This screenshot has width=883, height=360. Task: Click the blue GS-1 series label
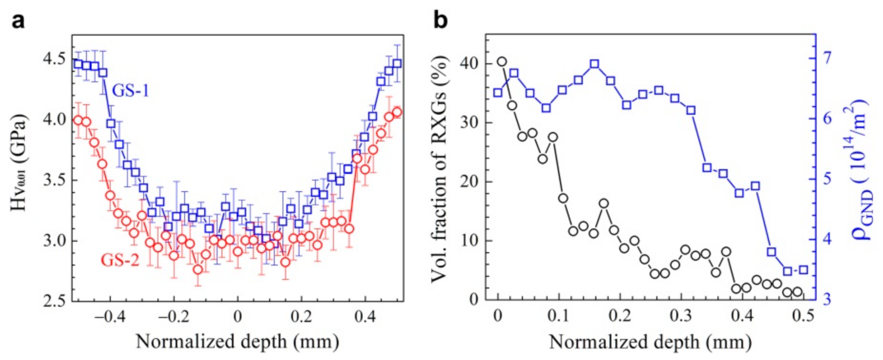coord(130,91)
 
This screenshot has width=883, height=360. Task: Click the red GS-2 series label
coord(120,260)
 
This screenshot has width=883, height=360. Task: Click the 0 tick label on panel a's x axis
coord(238,317)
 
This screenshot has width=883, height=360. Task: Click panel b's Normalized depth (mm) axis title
coord(650,342)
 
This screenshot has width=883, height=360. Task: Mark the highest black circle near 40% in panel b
coord(502,61)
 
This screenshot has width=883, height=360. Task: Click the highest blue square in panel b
coord(594,64)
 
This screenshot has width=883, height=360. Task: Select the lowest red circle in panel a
coord(198,269)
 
